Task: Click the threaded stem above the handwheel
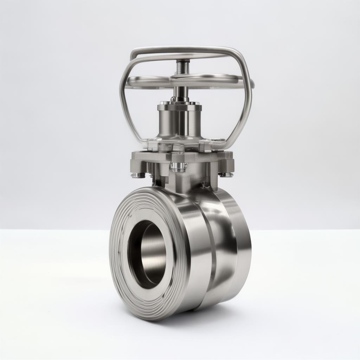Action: (x=183, y=66)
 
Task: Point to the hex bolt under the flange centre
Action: (x=179, y=167)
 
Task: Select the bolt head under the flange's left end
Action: (x=138, y=175)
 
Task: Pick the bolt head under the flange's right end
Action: (x=226, y=174)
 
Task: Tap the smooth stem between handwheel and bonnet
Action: (x=180, y=94)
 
